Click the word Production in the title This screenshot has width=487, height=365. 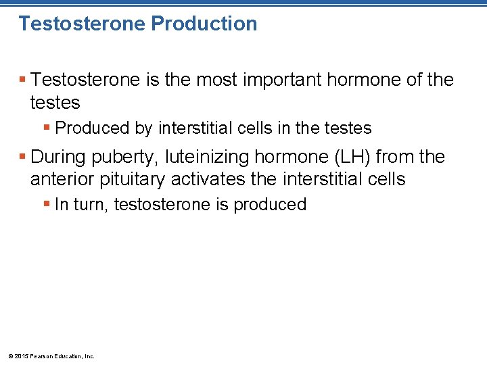click(204, 24)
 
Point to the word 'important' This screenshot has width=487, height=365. click(269, 80)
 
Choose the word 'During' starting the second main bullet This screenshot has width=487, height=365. click(57, 157)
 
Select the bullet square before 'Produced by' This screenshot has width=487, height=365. click(47, 128)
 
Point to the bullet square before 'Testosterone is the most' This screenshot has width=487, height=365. click(23, 80)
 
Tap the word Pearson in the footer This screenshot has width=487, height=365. click(41, 356)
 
